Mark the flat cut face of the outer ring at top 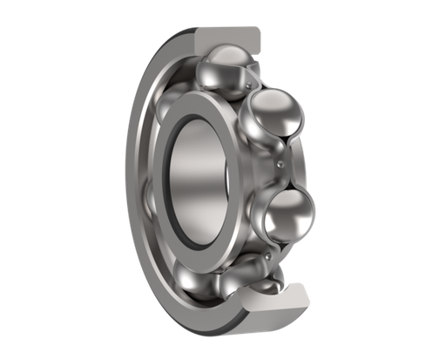point(228,36)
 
